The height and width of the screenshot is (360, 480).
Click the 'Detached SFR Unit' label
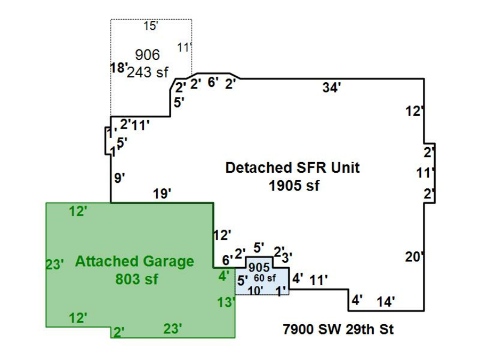292,168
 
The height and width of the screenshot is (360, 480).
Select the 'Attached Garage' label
134,262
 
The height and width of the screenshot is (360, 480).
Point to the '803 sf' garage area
137,279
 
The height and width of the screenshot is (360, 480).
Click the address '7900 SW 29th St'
338,329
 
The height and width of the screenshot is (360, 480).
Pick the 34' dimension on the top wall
331,89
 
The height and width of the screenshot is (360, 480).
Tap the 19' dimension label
162,194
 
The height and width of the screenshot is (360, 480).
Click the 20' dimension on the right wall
414,257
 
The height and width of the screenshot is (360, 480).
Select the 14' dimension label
386,302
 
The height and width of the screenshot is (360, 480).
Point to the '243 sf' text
148,73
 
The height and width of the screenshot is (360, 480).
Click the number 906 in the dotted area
147,55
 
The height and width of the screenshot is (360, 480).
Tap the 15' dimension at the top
151,26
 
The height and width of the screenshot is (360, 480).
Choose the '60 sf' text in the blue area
265,278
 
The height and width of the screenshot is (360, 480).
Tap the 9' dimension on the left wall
120,178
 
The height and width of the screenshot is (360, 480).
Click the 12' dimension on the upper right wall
414,111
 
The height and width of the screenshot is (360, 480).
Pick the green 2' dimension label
118,332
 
